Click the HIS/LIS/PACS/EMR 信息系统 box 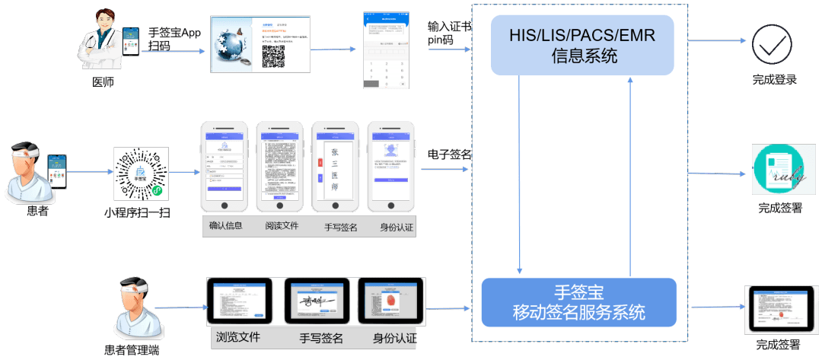tap(582, 45)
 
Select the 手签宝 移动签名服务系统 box tap(578, 302)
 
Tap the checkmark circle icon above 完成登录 tap(772, 44)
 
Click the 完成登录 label tap(774, 79)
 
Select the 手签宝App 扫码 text tap(174, 39)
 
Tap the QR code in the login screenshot tap(273, 56)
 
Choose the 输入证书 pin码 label tap(449, 33)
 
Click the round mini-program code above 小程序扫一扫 tap(141, 174)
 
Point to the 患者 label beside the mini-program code tap(37, 210)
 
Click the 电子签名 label tap(450, 155)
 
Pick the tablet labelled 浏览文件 tap(239, 302)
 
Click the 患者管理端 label tap(132, 351)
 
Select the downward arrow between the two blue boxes tap(519, 175)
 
